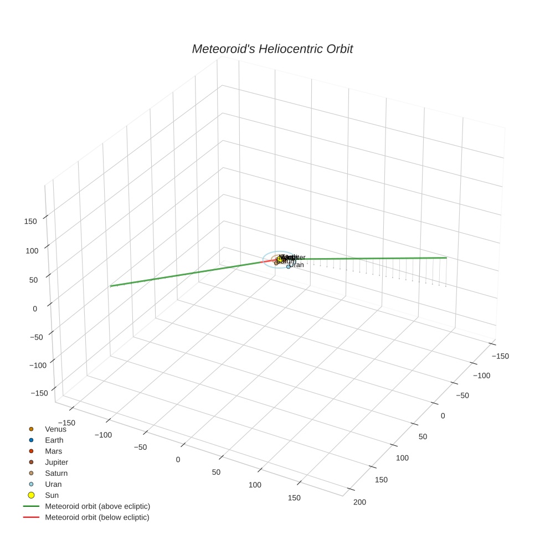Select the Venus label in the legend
coord(55,429)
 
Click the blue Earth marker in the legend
coord(31,440)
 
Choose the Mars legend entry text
coord(53,451)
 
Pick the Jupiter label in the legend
coord(56,462)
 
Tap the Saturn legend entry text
coord(56,474)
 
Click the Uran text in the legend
coord(53,485)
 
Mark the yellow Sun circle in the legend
coord(31,495)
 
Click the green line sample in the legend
coord(31,506)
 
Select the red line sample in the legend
coord(31,517)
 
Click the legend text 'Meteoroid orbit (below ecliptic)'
coord(97,517)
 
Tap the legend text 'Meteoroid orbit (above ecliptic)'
coord(97,506)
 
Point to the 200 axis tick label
coord(359,502)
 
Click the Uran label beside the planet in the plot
coord(297,265)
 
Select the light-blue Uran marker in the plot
coord(288,266)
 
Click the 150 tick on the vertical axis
coord(31,222)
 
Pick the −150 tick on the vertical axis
coord(39,393)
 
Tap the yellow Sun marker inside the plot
coord(280,259)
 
